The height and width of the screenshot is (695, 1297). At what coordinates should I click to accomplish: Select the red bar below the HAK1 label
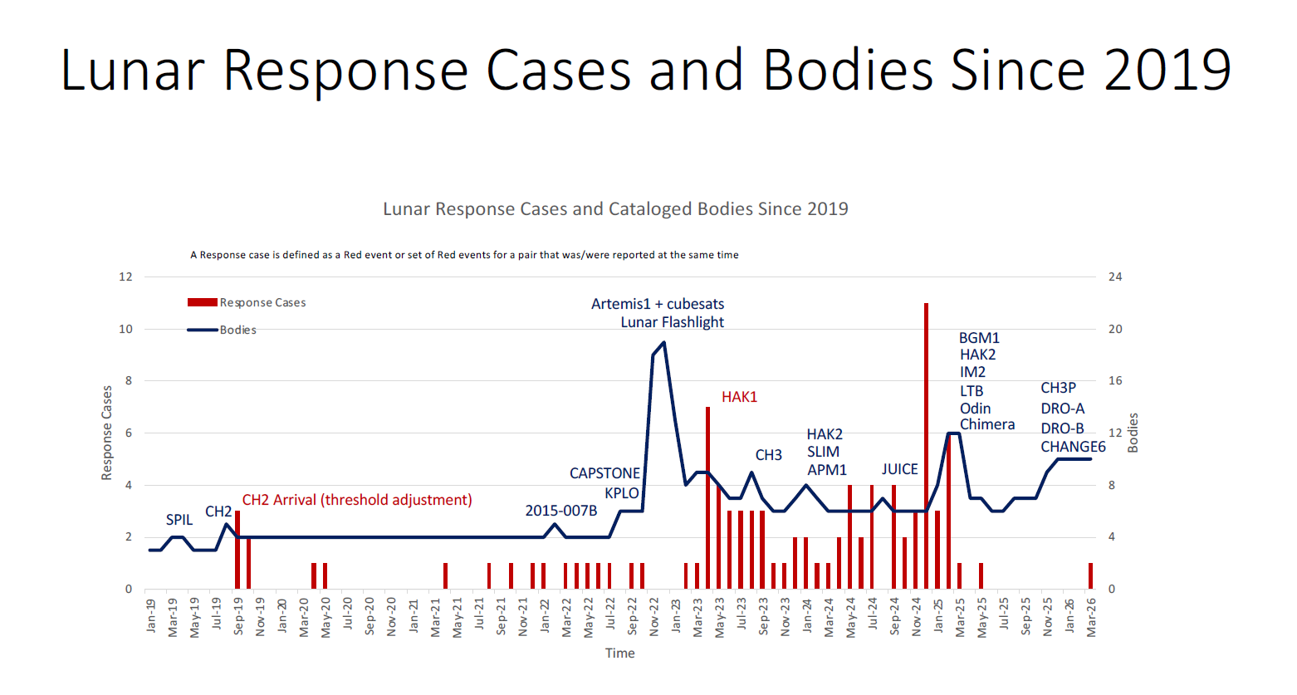point(707,498)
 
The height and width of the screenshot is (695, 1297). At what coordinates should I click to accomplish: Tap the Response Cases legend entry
point(247,303)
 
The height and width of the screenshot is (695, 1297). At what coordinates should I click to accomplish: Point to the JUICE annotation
point(899,469)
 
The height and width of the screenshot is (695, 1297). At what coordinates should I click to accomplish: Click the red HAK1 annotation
point(739,397)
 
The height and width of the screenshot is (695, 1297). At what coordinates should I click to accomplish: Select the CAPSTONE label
point(604,473)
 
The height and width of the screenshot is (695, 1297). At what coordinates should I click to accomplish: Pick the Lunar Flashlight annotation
point(672,322)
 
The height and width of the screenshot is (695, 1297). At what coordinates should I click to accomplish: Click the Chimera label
point(987,424)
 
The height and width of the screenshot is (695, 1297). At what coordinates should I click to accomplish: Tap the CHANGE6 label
point(1073,447)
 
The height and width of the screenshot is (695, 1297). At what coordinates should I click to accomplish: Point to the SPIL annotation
point(179,520)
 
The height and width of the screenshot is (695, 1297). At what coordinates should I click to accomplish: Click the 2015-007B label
point(561,511)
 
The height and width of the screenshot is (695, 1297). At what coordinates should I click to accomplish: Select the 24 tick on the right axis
point(1115,277)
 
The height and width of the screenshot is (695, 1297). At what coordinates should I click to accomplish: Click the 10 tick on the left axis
point(125,329)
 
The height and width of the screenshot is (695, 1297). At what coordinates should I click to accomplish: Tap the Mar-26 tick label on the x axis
point(1091,618)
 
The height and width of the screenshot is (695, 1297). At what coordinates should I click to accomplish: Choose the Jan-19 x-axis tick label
point(151,616)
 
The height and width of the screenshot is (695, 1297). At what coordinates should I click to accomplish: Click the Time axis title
point(619,653)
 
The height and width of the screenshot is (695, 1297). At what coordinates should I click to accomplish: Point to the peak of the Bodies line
point(663,342)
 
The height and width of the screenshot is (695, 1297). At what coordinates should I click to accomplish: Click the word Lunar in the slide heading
point(132,70)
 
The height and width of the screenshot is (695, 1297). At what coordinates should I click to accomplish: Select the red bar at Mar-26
point(1091,576)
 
